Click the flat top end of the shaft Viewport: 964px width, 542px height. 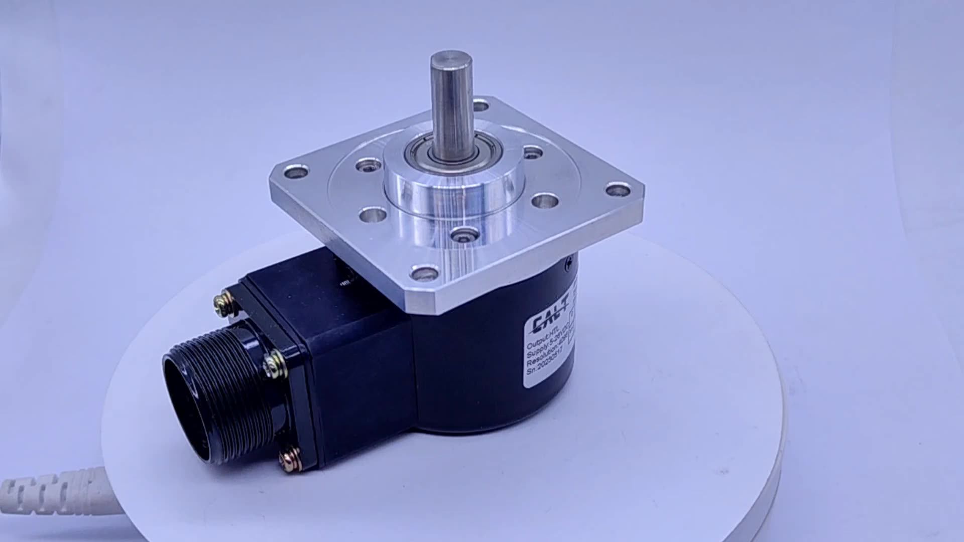coord(451,59)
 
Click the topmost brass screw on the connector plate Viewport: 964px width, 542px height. coord(221,303)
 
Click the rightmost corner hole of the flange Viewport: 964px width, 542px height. coord(618,190)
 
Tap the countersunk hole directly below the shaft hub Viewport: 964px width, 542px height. coord(463,233)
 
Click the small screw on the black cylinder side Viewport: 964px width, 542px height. coord(569,261)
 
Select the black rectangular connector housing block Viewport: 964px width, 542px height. coord(351,351)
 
